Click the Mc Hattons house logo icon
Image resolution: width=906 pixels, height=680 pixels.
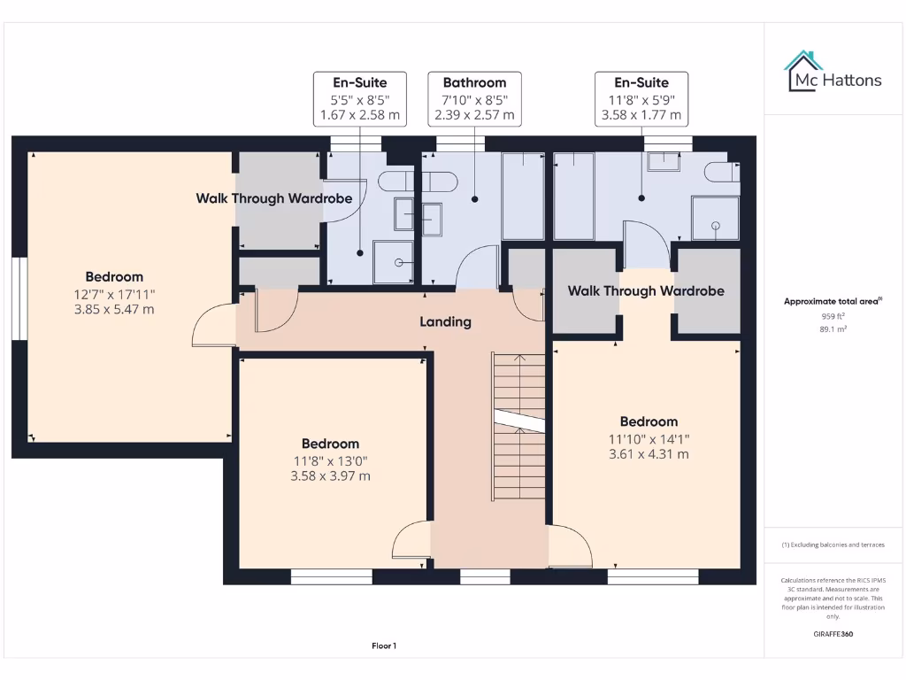point(803,71)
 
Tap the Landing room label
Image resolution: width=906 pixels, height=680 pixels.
point(445,321)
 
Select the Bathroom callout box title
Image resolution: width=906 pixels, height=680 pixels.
point(474,82)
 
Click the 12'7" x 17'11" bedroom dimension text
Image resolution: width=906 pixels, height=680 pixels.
point(114,294)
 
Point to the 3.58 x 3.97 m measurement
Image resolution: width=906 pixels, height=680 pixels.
point(330,475)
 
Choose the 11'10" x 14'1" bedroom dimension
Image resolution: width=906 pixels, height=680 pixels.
point(649,438)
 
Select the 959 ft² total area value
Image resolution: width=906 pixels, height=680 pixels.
point(833,315)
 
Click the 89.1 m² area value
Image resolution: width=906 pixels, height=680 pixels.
point(833,328)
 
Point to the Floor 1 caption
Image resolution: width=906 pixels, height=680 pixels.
point(384,646)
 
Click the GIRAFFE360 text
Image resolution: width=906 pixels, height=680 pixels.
point(833,634)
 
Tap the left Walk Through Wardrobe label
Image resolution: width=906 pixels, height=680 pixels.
point(274,198)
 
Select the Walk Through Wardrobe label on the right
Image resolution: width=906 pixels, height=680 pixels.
point(646,290)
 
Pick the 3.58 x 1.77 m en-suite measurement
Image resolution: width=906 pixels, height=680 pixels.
point(641,115)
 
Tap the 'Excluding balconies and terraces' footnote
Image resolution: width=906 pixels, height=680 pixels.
point(833,545)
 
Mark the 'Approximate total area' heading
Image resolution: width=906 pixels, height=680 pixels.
point(832,301)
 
